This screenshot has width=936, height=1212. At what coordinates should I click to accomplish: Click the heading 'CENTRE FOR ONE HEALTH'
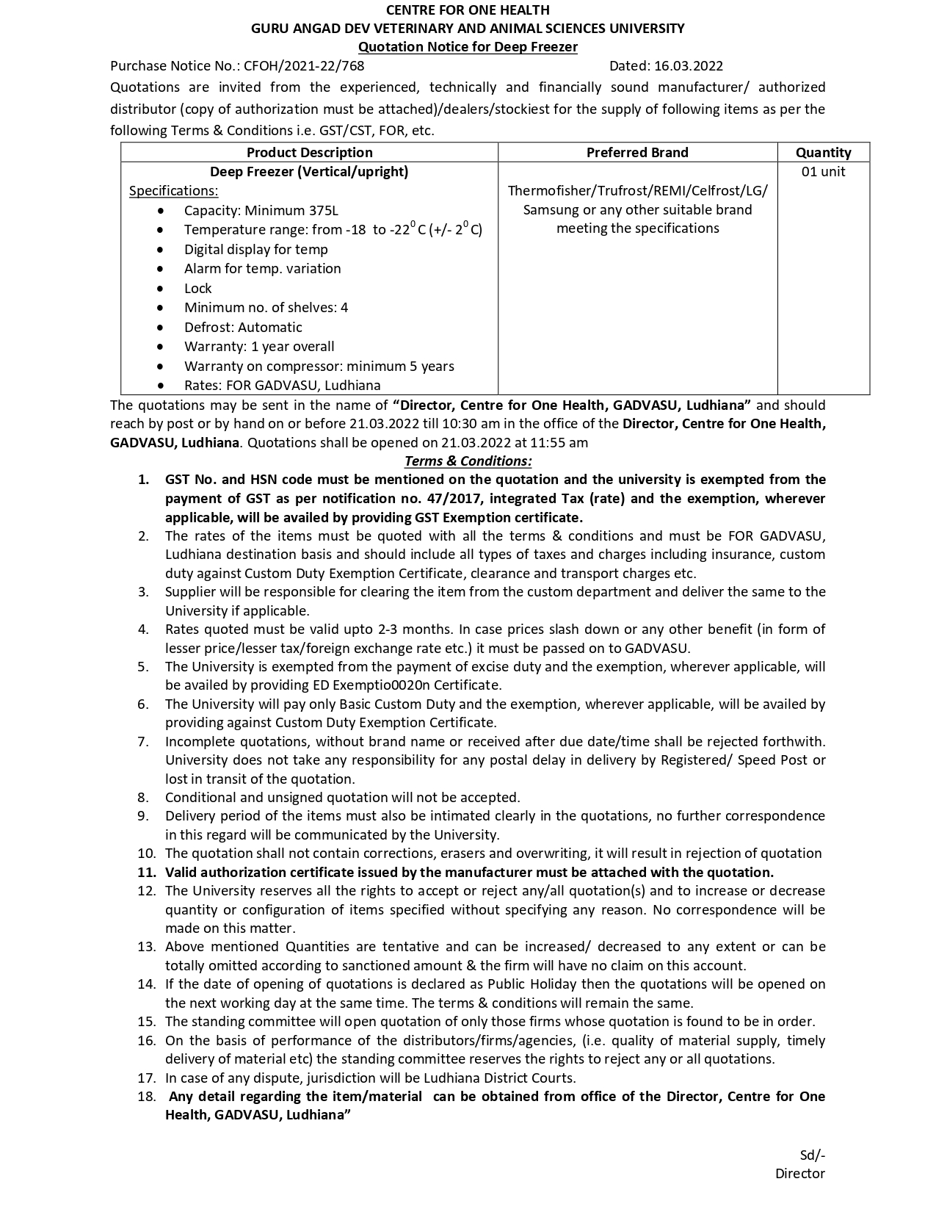[x=468, y=10]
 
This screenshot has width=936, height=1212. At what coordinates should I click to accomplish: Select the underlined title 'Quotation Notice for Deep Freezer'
[x=468, y=47]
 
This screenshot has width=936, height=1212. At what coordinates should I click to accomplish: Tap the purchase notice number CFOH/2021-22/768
[x=304, y=66]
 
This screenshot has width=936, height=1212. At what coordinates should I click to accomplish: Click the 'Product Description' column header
[x=309, y=153]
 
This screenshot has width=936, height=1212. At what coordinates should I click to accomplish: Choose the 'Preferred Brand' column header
[x=637, y=153]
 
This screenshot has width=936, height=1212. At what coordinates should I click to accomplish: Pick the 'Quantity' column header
[x=823, y=153]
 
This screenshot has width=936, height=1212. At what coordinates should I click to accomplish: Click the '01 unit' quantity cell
[x=823, y=172]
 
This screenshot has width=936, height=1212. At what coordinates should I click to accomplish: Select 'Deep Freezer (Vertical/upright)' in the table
[x=309, y=172]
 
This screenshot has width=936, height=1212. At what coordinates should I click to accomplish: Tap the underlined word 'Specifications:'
[x=173, y=191]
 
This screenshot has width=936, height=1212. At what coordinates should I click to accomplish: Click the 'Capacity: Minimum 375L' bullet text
[x=261, y=211]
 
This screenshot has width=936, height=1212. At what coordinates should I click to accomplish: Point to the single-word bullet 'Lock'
[x=197, y=289]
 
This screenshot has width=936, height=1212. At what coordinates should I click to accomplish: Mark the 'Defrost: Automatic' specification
[x=243, y=328]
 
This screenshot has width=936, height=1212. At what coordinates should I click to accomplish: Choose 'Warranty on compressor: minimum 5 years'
[x=319, y=367]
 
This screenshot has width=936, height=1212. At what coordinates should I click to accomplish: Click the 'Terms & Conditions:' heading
[x=468, y=461]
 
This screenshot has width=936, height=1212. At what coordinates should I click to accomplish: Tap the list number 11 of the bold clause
[x=146, y=873]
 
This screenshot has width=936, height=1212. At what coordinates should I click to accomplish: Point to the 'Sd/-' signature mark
[x=812, y=1155]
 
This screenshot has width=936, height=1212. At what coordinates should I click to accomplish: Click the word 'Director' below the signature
[x=799, y=1174]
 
